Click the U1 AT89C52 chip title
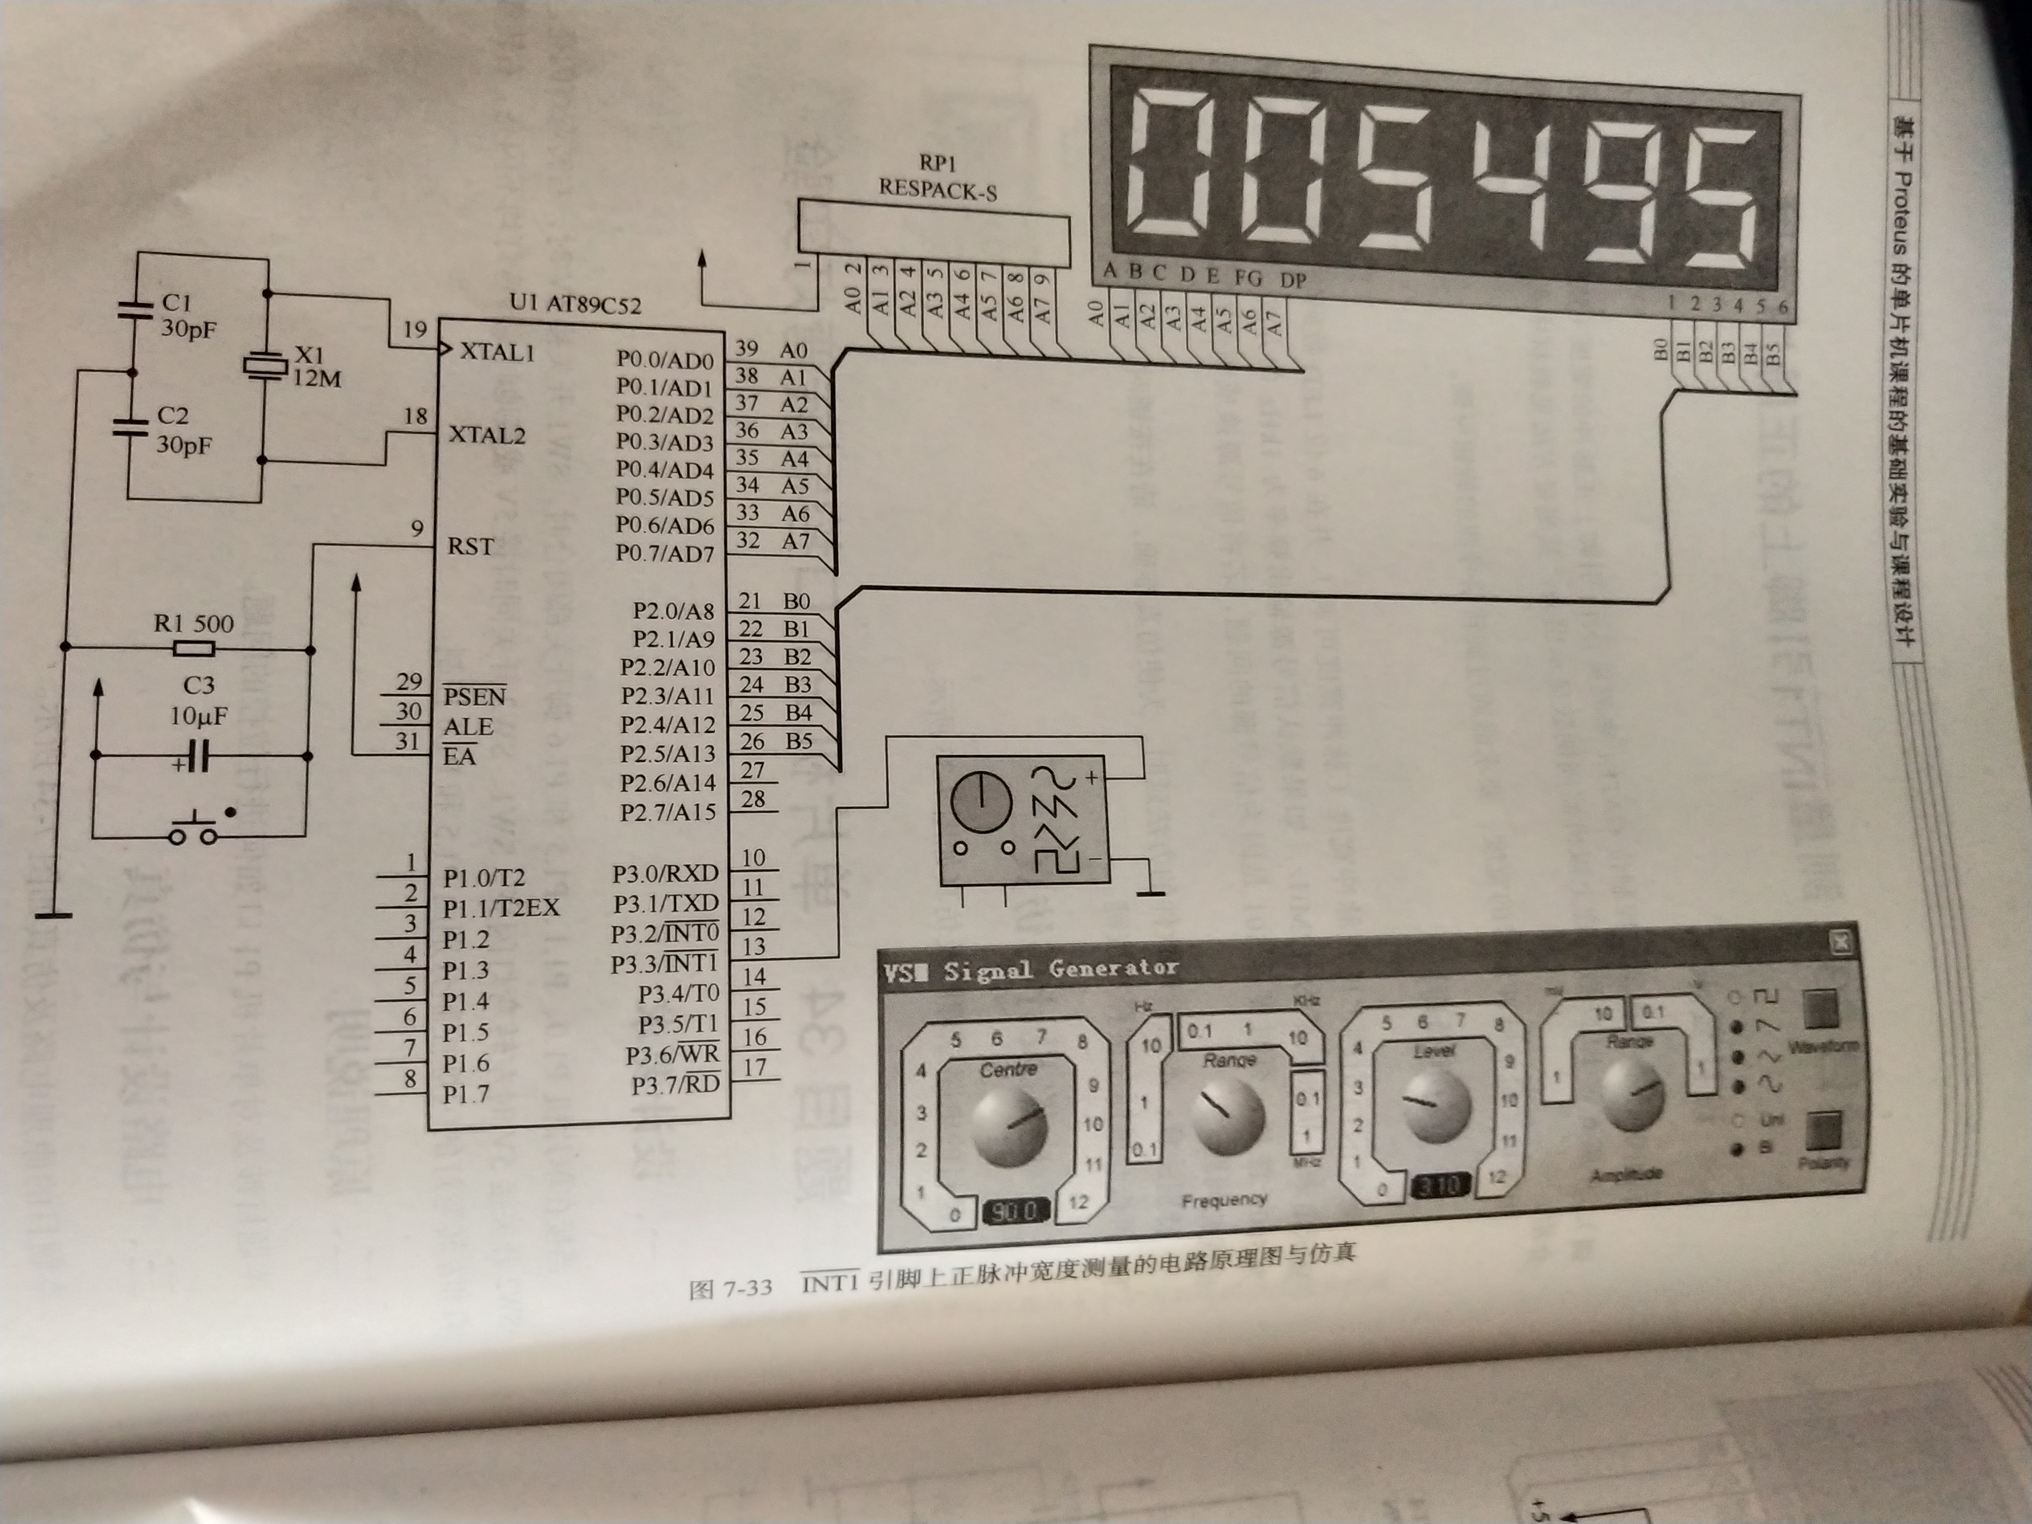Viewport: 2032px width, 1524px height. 575,304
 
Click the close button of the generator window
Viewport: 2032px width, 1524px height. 1838,941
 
